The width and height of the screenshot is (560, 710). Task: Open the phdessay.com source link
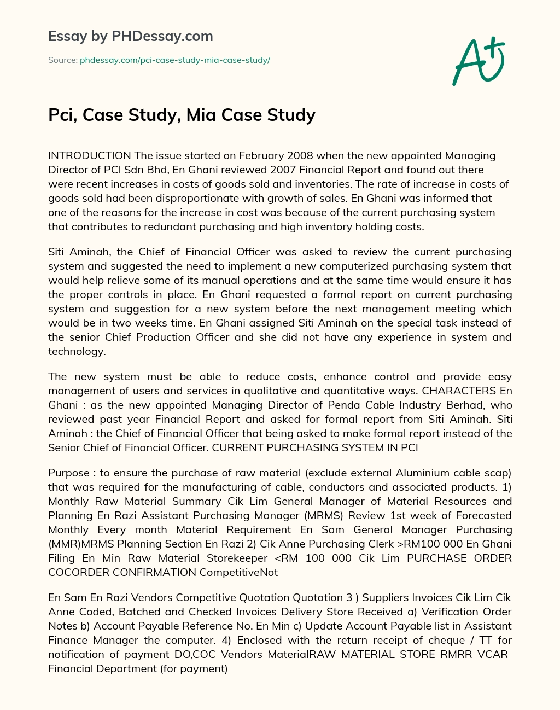[x=175, y=60]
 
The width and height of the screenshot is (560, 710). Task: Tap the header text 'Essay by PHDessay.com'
[x=130, y=37]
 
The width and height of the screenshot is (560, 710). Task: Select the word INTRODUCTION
[x=90, y=155]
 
